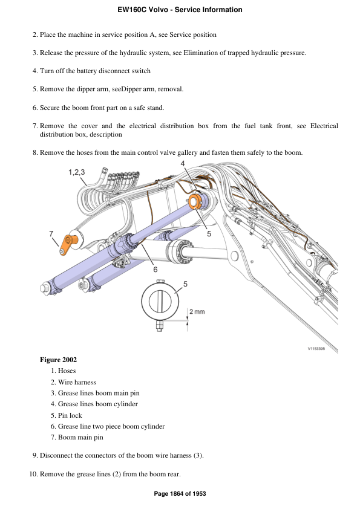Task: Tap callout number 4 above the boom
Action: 183,164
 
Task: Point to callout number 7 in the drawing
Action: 51,233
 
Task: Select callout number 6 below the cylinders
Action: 155,270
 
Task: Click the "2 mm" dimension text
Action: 197,311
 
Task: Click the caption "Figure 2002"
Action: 58,360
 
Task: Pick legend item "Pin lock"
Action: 70,415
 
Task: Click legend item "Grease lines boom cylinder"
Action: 97,404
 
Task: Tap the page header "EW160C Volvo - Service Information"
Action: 180,10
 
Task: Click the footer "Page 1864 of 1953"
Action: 180,494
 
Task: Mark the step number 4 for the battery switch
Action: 34,71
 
